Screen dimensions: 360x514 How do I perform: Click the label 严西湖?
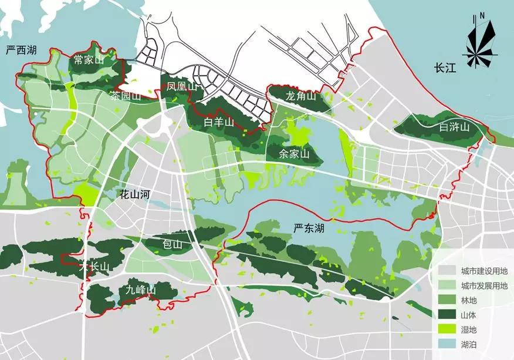[x=21, y=51]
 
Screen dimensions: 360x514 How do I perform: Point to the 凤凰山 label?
[x=181, y=88]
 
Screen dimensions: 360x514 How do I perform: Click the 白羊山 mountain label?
[x=219, y=123]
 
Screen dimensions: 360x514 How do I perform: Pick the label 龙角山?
[x=301, y=96]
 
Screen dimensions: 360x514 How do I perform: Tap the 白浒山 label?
[x=455, y=127]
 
